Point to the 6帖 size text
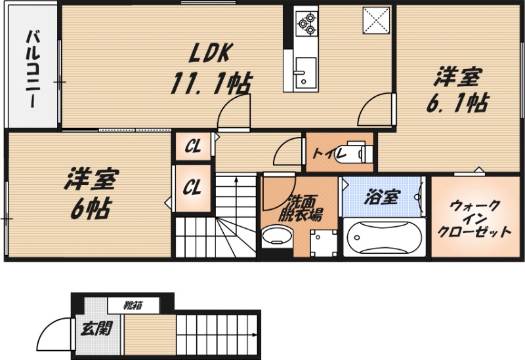pos(90,209)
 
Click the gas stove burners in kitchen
pos(306,22)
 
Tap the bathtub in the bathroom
pos(385,237)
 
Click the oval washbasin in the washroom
pos(274,237)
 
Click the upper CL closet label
pos(192,146)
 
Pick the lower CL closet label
pos(192,188)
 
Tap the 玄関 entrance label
pos(96,329)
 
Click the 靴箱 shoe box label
pos(134,304)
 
